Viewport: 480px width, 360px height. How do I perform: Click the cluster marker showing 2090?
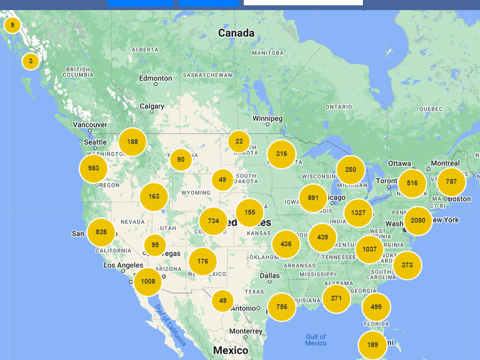(418, 221)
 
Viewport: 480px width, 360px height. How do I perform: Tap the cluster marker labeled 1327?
(358, 213)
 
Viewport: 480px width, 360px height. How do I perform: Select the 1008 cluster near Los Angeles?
(148, 281)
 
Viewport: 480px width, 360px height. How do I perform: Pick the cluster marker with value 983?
(94, 168)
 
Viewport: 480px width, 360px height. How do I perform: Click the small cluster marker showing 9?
(12, 25)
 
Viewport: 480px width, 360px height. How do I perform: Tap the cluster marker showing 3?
(31, 61)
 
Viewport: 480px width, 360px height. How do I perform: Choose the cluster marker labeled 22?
(239, 142)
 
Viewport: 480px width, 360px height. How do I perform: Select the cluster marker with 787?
(451, 182)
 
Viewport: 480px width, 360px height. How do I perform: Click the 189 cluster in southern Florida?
(372, 345)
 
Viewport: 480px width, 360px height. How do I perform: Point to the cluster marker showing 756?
(282, 307)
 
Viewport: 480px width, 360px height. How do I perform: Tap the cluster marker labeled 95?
(155, 245)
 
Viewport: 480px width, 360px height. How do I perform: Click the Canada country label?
(236, 33)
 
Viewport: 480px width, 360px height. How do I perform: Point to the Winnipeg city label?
(268, 119)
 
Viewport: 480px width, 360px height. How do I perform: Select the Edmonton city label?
(156, 78)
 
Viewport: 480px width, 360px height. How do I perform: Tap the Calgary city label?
(152, 107)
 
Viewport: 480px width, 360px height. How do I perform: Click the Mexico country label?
(230, 350)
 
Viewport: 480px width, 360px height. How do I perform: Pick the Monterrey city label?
(246, 332)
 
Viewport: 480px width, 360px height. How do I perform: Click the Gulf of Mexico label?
(315, 340)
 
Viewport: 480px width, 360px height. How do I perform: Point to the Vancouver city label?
(90, 125)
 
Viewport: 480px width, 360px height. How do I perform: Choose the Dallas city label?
(270, 276)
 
